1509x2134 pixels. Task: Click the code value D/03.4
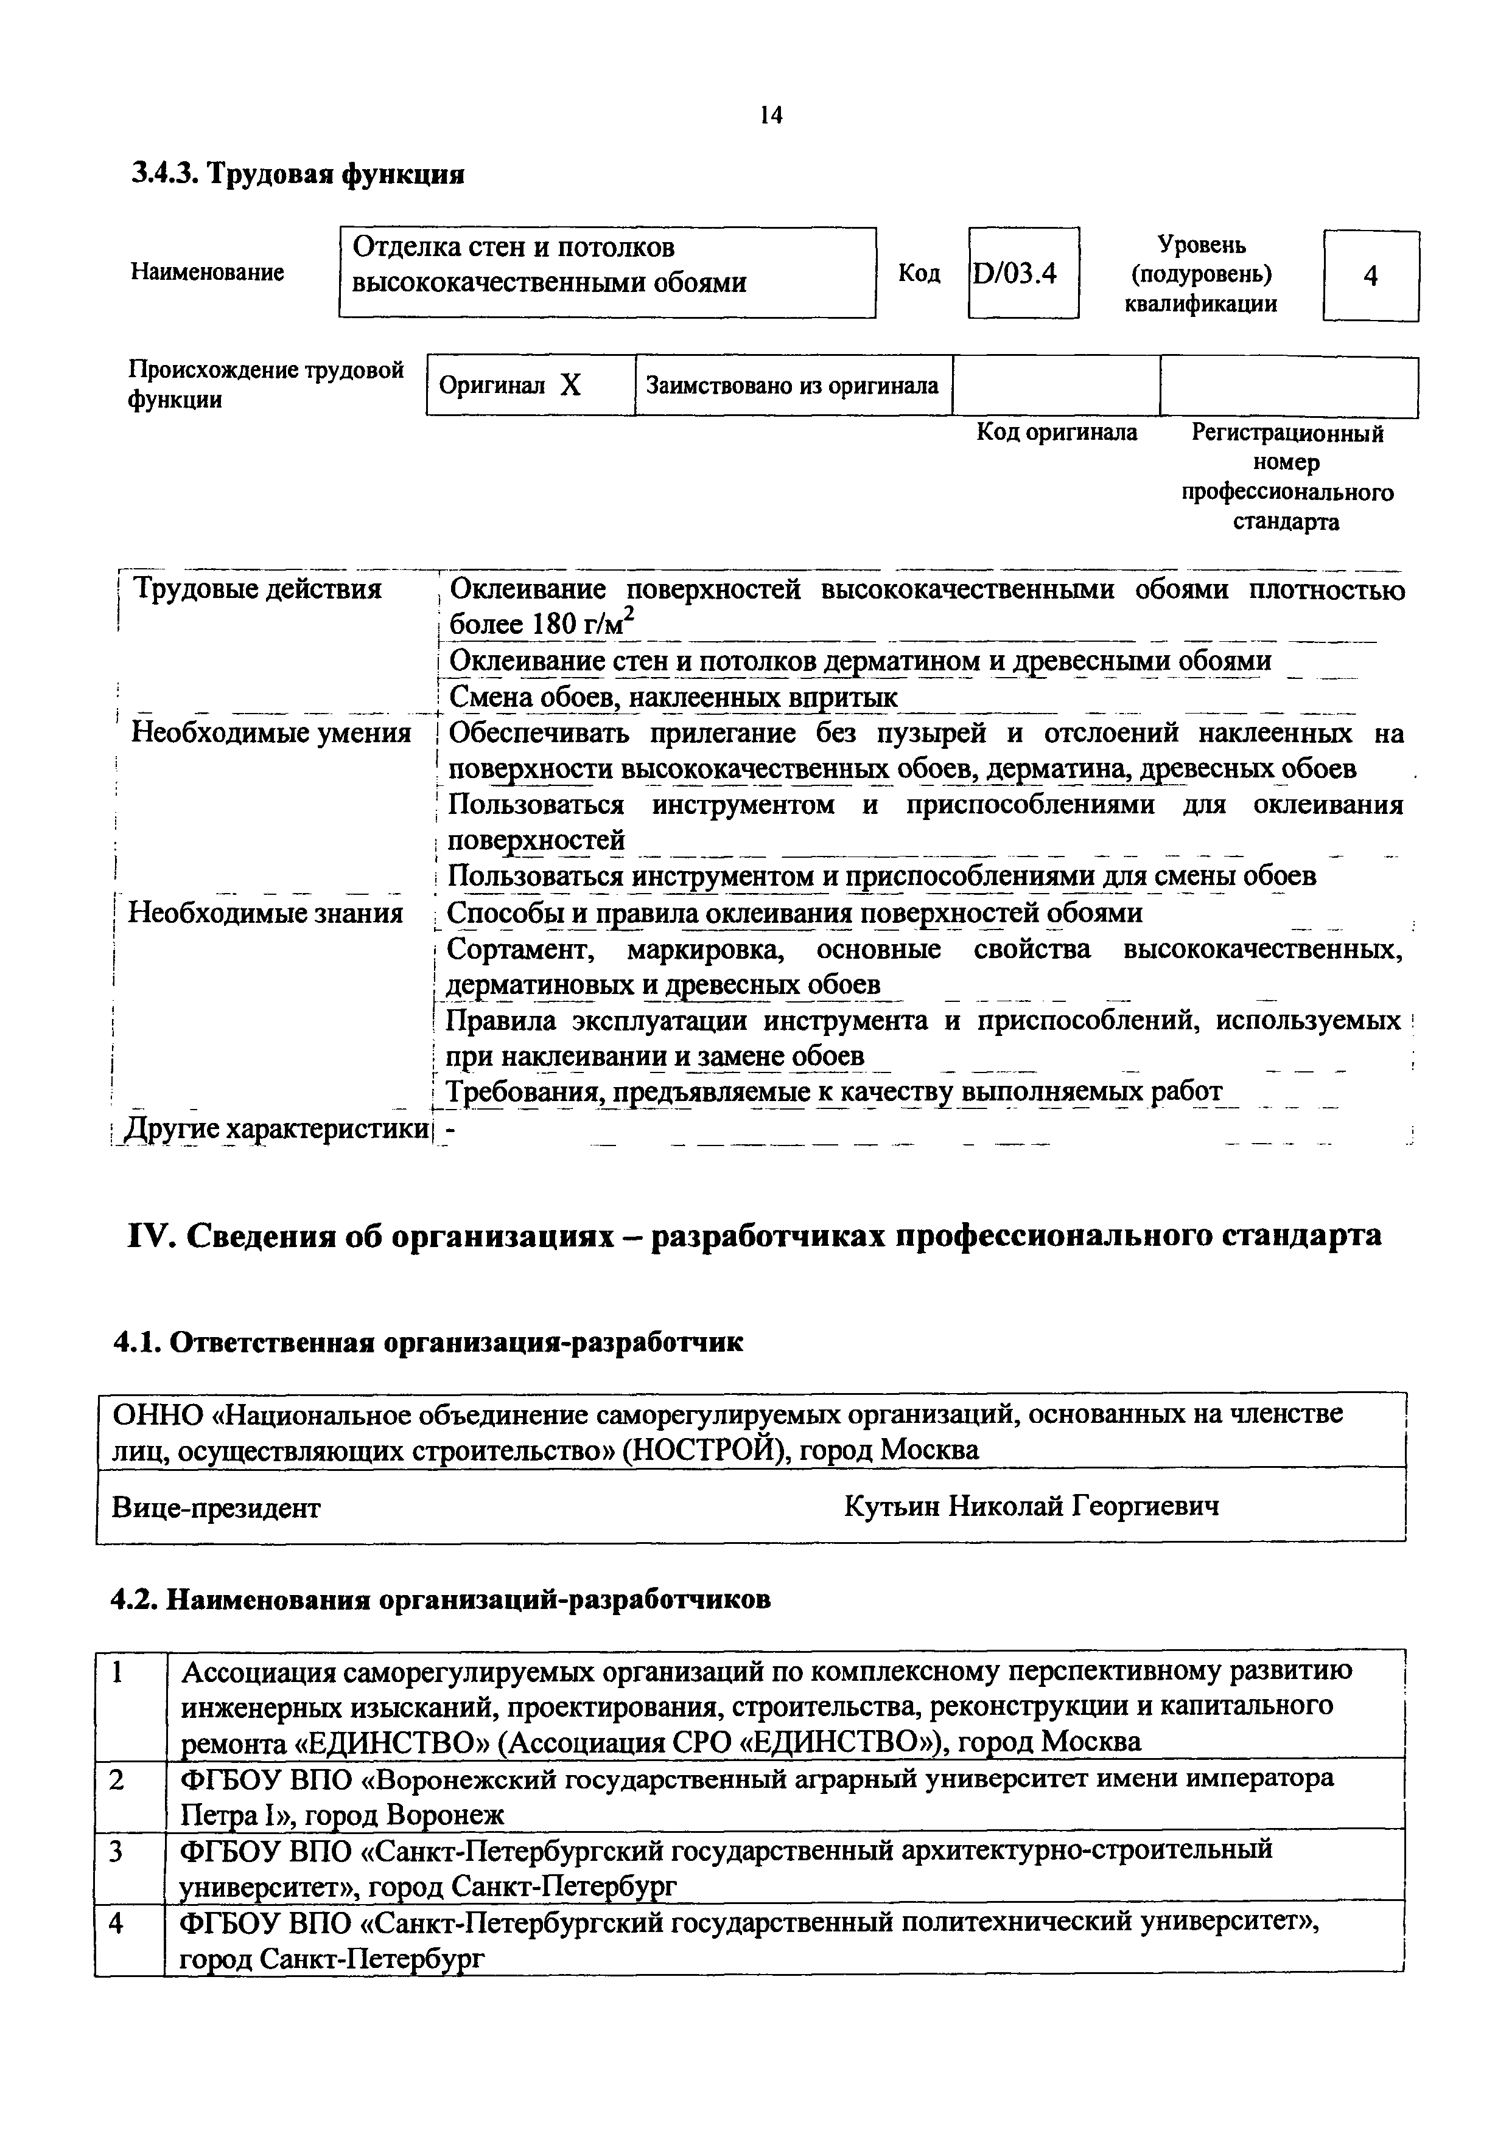tap(1015, 274)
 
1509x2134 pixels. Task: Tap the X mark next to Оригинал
tap(570, 385)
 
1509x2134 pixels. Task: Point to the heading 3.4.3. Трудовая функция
tap(298, 174)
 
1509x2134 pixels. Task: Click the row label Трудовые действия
tap(257, 589)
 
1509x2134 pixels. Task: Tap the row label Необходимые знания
tap(265, 912)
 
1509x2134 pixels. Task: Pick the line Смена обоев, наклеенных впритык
tap(673, 697)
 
